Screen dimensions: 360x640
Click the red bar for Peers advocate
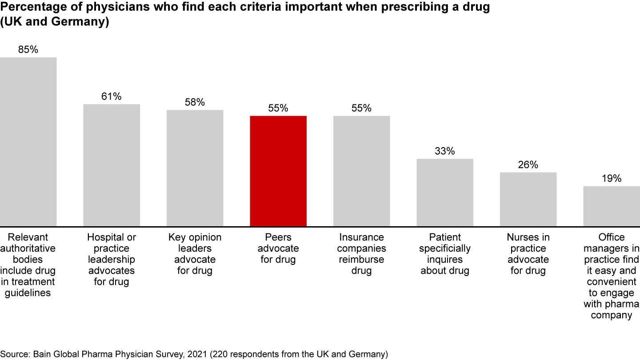point(278,171)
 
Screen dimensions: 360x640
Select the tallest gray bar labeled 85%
point(28,142)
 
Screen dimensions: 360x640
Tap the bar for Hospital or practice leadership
point(112,165)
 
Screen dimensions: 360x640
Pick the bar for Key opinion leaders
point(195,168)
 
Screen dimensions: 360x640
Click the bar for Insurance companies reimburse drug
point(361,171)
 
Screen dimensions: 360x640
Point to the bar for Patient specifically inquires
point(445,192)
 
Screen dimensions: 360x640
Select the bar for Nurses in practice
point(528,199)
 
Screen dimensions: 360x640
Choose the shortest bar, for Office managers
point(612,206)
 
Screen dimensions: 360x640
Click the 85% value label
point(28,50)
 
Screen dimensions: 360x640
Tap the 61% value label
point(112,96)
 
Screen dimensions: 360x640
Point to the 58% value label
point(195,102)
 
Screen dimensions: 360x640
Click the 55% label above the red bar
point(278,108)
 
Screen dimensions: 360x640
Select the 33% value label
point(445,151)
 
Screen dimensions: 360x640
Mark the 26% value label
point(528,165)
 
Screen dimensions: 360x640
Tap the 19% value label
point(612,179)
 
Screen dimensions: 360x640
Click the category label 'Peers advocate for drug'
point(278,248)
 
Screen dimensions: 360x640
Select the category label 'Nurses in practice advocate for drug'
point(528,254)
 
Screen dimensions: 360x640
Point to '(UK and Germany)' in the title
point(55,22)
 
